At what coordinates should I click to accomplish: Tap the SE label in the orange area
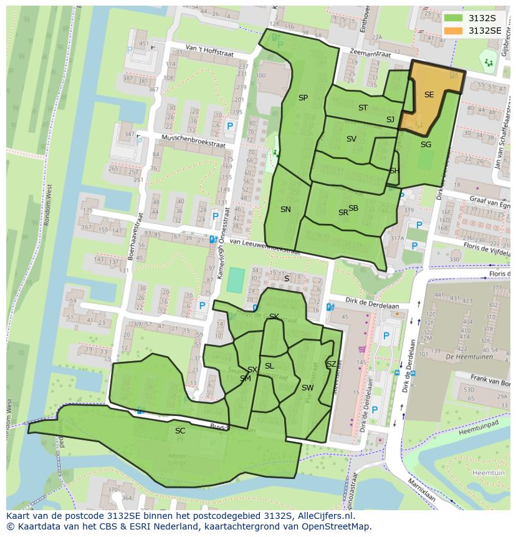(x=429, y=95)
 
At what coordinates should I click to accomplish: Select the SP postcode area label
(x=303, y=98)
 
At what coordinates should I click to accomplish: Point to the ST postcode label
(x=363, y=108)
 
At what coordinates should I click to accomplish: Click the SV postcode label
(x=351, y=139)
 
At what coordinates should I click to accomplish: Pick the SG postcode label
(x=426, y=145)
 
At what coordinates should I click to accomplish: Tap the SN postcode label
(x=285, y=210)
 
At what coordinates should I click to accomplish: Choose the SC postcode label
(x=180, y=431)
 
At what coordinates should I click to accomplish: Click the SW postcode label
(x=307, y=388)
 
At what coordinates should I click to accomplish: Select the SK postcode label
(x=274, y=317)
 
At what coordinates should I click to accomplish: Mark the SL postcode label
(x=269, y=366)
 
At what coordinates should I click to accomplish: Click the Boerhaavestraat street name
(x=131, y=234)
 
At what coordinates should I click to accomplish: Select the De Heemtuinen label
(x=470, y=357)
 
